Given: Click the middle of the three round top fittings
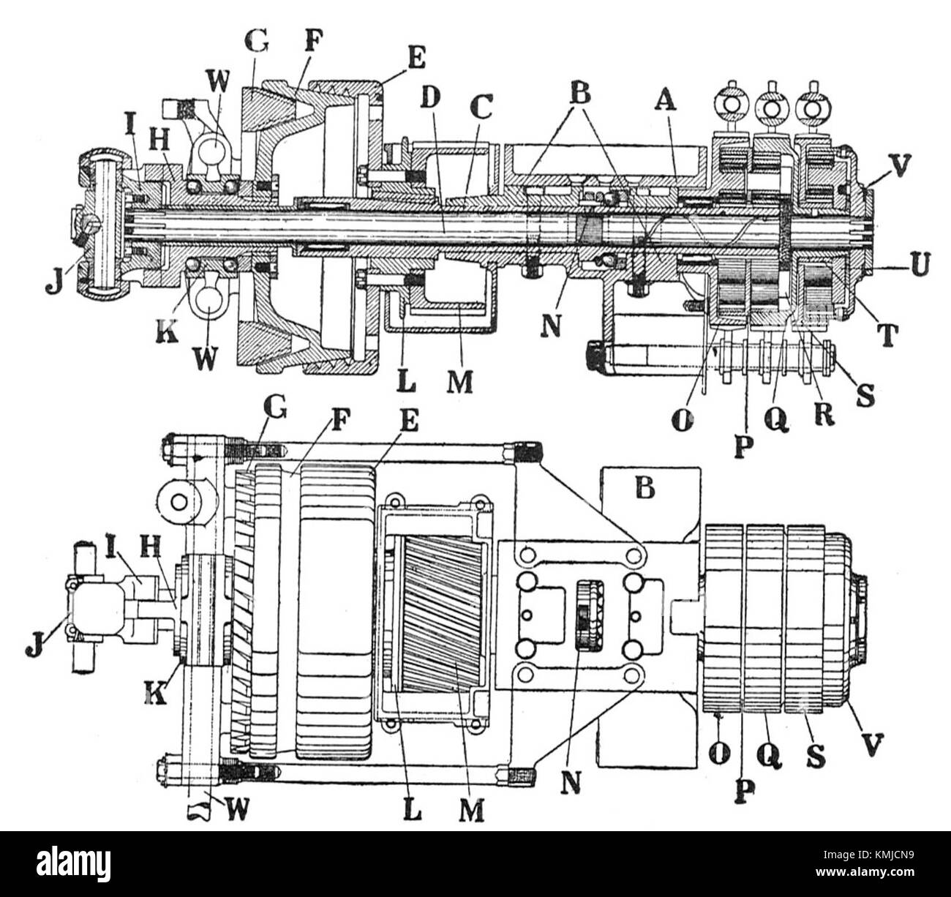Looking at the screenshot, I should pyautogui.click(x=772, y=108).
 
